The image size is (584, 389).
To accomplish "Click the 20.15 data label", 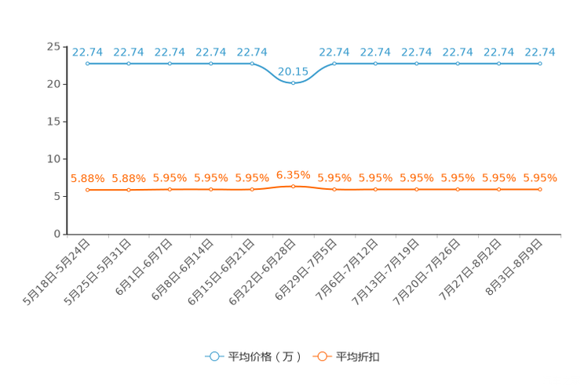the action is pyautogui.click(x=293, y=71).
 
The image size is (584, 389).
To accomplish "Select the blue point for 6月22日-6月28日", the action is pyautogui.click(x=293, y=83).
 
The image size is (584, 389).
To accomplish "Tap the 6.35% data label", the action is pyautogui.click(x=293, y=175).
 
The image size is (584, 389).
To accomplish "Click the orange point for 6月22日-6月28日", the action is pyautogui.click(x=293, y=186).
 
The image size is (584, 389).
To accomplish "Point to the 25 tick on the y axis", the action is pyautogui.click(x=53, y=46).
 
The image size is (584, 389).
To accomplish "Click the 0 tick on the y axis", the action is pyautogui.click(x=57, y=234).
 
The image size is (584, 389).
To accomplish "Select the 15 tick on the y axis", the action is pyautogui.click(x=53, y=122).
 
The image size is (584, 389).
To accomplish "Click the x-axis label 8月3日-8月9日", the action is pyautogui.click(x=514, y=267).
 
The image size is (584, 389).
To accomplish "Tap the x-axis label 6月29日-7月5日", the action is pyautogui.click(x=306, y=270).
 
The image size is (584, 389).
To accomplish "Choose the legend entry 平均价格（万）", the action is pyautogui.click(x=254, y=357).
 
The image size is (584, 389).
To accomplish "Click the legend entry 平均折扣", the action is pyautogui.click(x=346, y=357).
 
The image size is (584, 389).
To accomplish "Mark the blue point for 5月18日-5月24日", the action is pyautogui.click(x=88, y=64).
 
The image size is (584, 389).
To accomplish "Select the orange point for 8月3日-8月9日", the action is pyautogui.click(x=540, y=190).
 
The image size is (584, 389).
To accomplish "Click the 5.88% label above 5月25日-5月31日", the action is pyautogui.click(x=129, y=178).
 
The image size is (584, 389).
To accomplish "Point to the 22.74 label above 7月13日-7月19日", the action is pyautogui.click(x=416, y=52).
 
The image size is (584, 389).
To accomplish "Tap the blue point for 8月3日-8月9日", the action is pyautogui.click(x=540, y=64).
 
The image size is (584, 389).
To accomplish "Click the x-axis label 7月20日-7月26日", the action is pyautogui.click(x=427, y=272).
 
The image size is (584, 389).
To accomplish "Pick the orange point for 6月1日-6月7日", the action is pyautogui.click(x=170, y=190).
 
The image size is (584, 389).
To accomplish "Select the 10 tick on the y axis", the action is pyautogui.click(x=53, y=159).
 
